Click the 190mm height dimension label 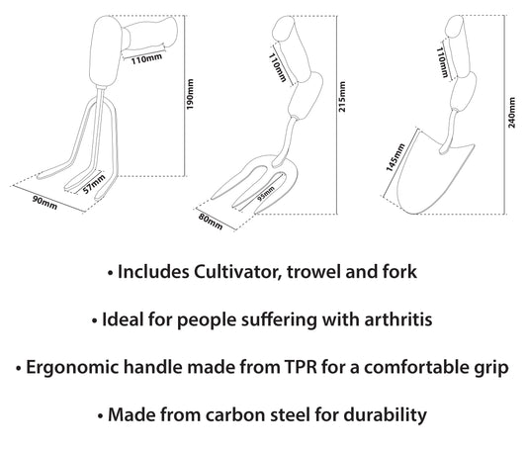tap(190, 94)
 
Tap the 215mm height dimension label tap(342, 97)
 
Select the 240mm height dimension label tap(511, 113)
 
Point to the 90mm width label tap(44, 203)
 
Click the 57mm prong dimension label tap(94, 184)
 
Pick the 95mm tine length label tap(266, 193)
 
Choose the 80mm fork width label tap(211, 222)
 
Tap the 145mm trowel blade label tap(395, 157)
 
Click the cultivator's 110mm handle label tap(146, 59)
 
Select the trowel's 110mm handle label tap(442, 62)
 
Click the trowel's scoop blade tap(434, 175)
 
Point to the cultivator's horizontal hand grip tap(149, 33)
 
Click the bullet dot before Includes tap(110, 273)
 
